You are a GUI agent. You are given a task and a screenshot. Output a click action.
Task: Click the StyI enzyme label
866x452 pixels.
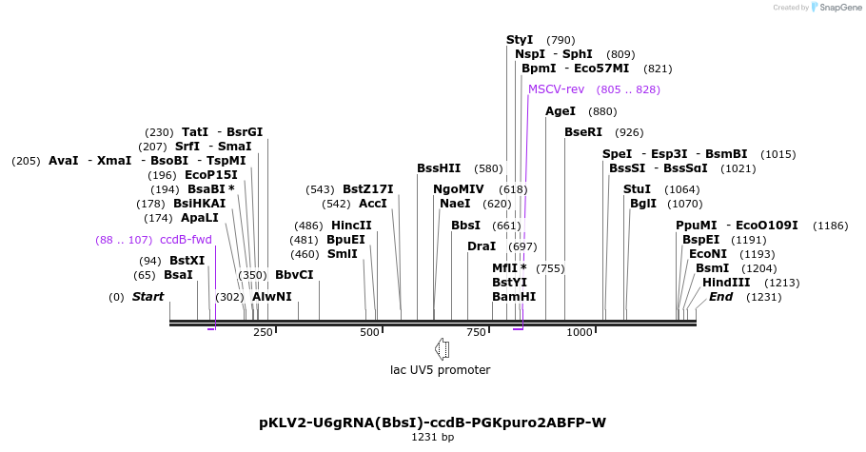coord(520,40)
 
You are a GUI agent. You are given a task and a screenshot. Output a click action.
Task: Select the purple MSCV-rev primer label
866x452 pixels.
coord(556,89)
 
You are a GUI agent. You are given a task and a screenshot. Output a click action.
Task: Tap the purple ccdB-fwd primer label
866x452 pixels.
coord(186,240)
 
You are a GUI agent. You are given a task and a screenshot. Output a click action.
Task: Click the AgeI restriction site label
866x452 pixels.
coord(561,111)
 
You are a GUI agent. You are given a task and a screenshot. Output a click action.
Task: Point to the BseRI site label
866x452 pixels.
coord(583,132)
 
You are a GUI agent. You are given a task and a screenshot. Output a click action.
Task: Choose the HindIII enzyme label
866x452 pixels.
coord(726,283)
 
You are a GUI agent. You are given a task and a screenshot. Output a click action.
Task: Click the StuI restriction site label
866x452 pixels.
coord(638,189)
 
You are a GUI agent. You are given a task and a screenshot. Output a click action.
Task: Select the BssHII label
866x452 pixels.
coord(439,168)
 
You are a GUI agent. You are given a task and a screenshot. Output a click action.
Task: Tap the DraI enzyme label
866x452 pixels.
coord(482,246)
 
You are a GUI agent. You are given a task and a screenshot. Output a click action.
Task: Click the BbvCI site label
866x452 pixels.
coord(294,275)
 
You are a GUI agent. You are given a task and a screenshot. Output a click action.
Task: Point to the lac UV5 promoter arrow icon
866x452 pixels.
coord(442,348)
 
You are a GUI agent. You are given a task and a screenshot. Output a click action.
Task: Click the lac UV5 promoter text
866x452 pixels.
coord(441,370)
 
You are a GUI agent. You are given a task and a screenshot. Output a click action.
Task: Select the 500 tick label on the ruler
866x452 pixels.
coord(369,332)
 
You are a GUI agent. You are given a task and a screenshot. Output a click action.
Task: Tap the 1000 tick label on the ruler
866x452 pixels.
coord(580,332)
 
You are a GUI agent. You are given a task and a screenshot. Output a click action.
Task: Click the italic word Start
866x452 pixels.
coord(148,297)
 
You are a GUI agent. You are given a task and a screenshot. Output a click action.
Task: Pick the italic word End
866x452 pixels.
coord(721,297)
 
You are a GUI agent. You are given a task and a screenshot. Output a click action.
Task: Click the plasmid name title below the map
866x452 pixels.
coord(432,423)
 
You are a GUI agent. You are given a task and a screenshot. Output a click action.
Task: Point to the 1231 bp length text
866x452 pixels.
coord(433,438)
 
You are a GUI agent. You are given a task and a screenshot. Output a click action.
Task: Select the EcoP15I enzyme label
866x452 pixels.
coord(211,175)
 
